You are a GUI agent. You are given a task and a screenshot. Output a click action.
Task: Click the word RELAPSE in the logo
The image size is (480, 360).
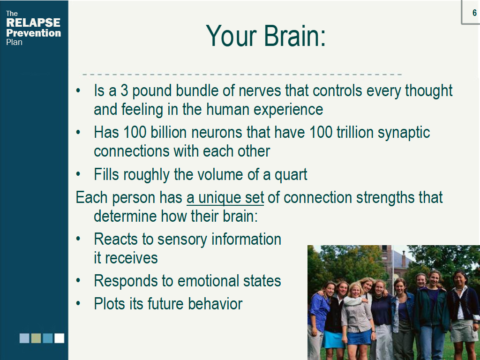click(33, 22)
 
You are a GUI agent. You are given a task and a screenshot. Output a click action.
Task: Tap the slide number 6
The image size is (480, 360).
click(474, 13)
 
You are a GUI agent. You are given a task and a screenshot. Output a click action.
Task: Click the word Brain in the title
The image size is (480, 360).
click(295, 36)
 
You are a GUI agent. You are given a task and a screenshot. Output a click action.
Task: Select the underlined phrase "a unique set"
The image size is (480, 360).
click(225, 197)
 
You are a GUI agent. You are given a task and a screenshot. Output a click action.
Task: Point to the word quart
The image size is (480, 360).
click(291, 175)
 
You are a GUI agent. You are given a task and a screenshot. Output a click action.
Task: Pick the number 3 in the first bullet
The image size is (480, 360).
click(124, 90)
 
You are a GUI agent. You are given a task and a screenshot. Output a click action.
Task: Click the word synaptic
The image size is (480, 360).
click(404, 133)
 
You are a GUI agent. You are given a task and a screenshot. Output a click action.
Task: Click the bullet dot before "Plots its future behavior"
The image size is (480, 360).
click(78, 304)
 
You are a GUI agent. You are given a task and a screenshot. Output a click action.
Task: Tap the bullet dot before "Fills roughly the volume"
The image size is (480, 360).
click(78, 174)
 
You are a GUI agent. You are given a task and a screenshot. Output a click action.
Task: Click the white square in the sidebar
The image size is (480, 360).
click(60, 338)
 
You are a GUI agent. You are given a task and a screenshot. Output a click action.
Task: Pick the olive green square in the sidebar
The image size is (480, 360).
click(36, 338)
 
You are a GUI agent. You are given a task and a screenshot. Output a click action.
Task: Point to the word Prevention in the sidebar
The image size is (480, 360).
click(33, 33)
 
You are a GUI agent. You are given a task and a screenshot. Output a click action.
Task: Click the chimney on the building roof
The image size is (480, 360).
click(404, 259)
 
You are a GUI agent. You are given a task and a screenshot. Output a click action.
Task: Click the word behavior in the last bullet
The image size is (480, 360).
click(215, 304)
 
